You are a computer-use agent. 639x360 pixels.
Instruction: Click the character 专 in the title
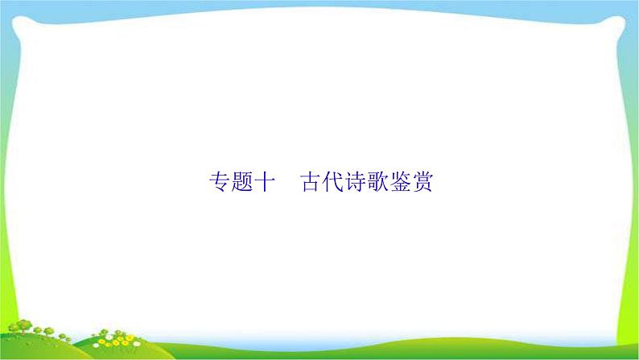coord(219,182)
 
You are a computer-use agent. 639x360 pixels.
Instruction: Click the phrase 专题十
coord(241,182)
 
